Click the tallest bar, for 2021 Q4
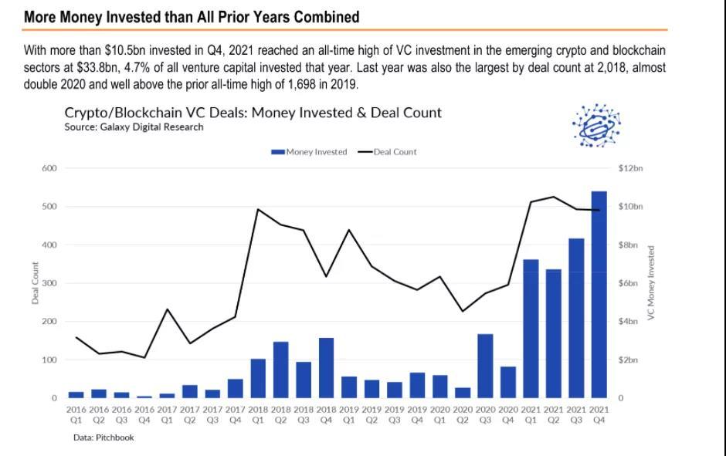point(599,293)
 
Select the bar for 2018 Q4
point(326,367)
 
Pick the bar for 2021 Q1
point(531,328)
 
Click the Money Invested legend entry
point(309,152)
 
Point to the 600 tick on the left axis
point(49,168)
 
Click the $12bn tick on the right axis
point(630,168)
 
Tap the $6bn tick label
point(628,283)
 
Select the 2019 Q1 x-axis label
point(349,415)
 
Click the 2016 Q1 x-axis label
point(76,415)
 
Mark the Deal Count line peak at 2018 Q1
point(258,209)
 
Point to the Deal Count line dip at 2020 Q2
point(463,311)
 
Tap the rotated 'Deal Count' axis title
point(35,283)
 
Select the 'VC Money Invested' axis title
point(650,283)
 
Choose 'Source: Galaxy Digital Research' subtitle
point(134,127)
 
